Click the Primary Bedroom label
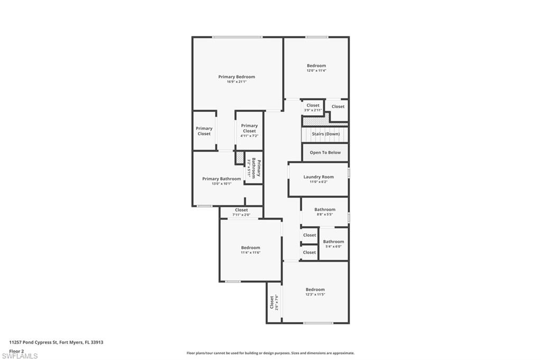(236, 77)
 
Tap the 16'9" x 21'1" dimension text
(236, 82)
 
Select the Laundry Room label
(319, 177)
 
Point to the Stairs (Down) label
(325, 134)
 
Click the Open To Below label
(325, 153)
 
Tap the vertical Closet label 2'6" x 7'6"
(273, 301)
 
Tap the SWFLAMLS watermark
(20, 356)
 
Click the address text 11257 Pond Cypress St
(56, 342)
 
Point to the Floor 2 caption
(17, 350)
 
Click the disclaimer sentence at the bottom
(270, 353)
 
